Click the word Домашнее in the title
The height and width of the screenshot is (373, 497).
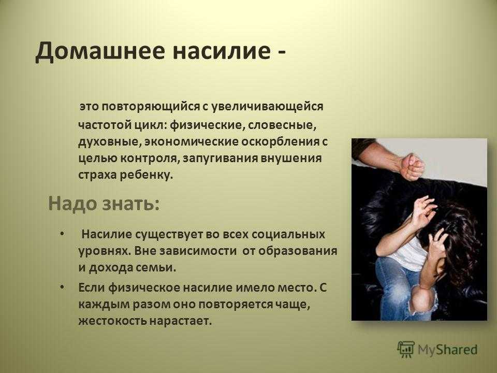100,51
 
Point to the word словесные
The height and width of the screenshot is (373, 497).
282,125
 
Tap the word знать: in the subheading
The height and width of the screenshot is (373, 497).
130,203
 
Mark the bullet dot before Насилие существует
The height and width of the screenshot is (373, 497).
62,234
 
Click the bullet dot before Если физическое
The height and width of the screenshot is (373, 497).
62,287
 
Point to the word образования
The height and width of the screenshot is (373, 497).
298,251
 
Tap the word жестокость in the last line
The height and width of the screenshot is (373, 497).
113,321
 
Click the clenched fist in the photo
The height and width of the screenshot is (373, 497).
412,167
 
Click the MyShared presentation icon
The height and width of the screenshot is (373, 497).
406,350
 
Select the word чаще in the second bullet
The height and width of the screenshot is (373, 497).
292,304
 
